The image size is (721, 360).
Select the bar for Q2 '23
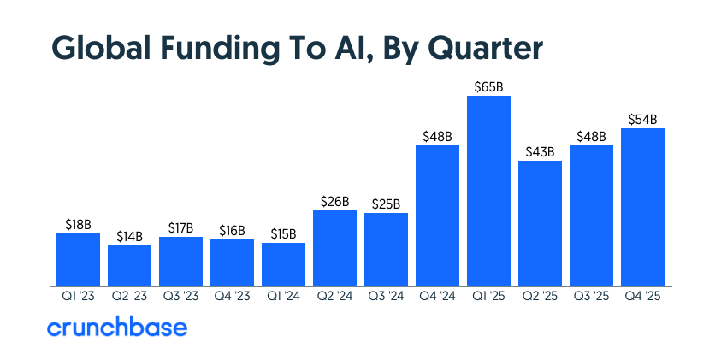coord(129,266)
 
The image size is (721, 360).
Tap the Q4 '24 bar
coord(437,215)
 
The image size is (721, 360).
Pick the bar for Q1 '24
coord(283,264)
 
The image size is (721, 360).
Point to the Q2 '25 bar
coord(540,223)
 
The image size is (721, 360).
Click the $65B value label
coord(488,86)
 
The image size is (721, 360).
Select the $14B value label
coord(129,236)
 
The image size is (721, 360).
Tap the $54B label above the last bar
coord(642,119)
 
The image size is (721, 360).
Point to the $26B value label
coord(334,201)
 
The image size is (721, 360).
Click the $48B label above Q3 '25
coord(591,136)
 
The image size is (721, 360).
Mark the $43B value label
coord(540,151)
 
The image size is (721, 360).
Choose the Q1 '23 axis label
coord(78,296)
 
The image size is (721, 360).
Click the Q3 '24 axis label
coord(386,296)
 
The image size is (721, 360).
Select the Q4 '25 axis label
coord(642,296)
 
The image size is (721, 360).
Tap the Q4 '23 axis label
coord(232,296)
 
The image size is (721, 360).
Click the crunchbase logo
coord(116,328)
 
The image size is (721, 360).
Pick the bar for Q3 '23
coord(180,262)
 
